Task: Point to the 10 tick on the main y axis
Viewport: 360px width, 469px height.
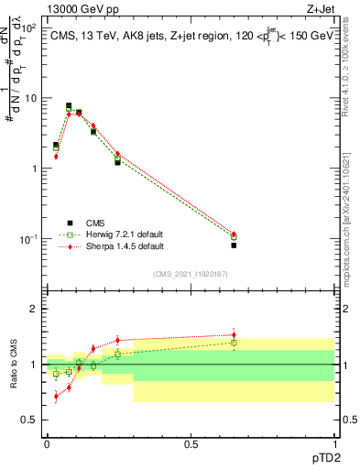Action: [30, 98]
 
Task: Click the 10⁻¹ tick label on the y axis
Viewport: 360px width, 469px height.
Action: [27, 239]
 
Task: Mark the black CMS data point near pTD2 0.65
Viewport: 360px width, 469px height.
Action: [234, 245]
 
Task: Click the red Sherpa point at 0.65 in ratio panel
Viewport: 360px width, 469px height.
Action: [234, 334]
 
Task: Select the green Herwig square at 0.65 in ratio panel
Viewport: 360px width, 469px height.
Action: [234, 343]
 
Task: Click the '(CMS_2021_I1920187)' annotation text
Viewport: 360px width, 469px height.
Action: [191, 274]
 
